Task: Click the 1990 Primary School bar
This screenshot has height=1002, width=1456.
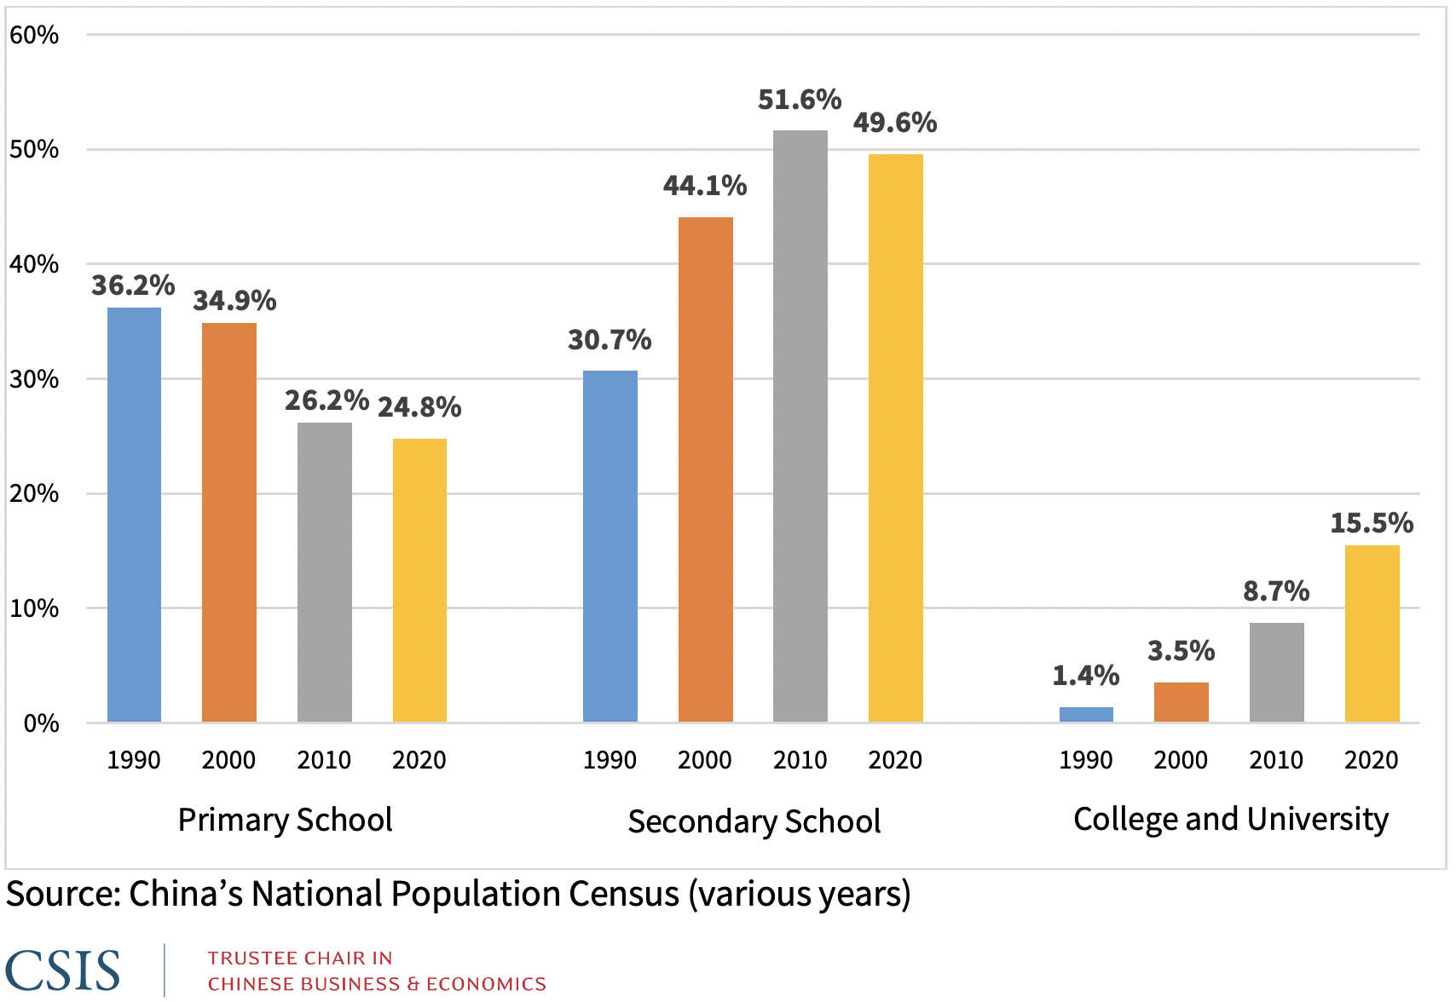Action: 134,515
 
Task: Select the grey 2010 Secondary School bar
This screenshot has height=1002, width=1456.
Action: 800,426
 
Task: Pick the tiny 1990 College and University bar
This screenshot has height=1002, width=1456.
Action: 1085,714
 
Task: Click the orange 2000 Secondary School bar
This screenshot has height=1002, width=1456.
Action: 705,469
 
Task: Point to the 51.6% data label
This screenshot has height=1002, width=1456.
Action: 800,100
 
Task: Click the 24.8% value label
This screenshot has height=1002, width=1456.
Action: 419,407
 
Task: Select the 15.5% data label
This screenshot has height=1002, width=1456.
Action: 1372,522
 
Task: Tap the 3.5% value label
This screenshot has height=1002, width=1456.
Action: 1181,651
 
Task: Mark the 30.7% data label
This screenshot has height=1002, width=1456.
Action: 610,340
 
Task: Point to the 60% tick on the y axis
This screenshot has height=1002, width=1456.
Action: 34,35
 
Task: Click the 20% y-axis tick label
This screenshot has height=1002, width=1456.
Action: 34,493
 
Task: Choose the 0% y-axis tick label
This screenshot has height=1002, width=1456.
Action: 41,723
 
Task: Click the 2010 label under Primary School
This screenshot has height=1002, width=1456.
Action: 324,760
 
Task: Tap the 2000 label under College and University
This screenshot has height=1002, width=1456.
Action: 1181,760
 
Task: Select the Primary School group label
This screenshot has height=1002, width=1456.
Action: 285,820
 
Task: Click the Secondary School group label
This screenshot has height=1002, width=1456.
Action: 754,821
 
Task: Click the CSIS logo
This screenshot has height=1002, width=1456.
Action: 62,970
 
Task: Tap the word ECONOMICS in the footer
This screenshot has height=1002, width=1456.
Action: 486,984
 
